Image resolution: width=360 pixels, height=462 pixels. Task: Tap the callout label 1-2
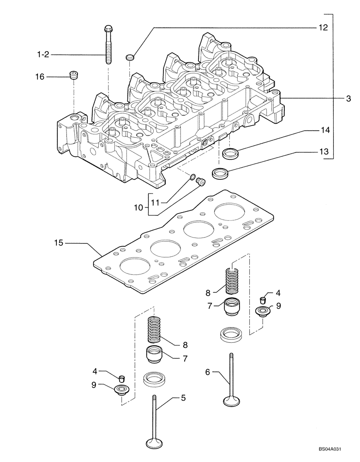(43, 55)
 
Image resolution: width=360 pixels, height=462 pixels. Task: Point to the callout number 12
(323, 28)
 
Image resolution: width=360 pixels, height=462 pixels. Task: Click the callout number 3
(348, 98)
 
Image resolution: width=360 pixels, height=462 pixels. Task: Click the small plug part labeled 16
(72, 75)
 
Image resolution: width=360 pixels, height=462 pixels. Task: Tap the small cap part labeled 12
(130, 57)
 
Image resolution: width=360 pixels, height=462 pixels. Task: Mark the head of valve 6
(231, 400)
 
